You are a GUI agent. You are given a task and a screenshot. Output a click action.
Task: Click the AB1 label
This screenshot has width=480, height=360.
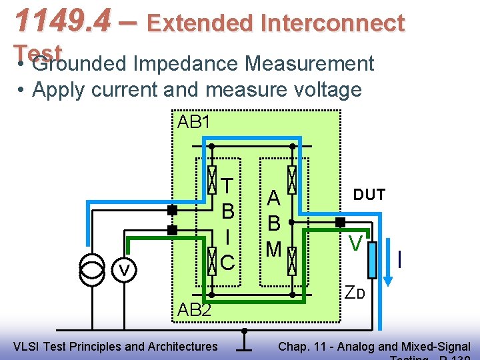coord(194,122)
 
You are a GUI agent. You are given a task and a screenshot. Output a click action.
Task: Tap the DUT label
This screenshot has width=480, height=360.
coord(369,195)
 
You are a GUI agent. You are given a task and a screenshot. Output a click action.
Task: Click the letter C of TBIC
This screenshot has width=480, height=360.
coord(227,262)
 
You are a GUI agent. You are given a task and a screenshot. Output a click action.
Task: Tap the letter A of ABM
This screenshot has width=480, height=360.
coord(273,198)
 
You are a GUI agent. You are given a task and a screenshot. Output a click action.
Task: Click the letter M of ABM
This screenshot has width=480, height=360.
coord(273,249)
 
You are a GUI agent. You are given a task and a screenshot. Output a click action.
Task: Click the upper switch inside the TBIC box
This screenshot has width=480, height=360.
coord(211,179)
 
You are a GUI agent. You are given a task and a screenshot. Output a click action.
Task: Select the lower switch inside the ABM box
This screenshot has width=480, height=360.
coord(291,260)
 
